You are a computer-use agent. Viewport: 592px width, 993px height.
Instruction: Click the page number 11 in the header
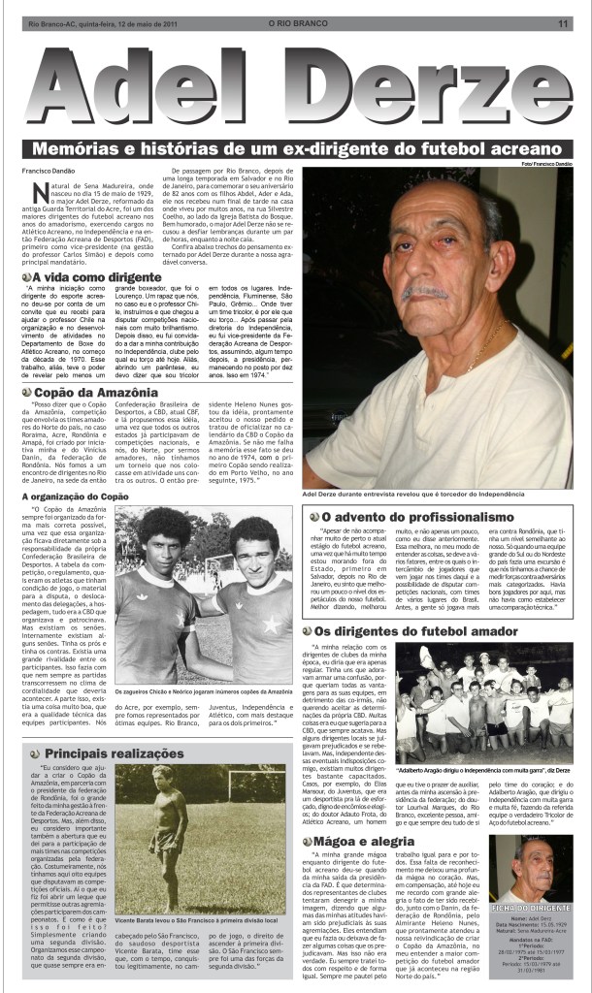point(563,24)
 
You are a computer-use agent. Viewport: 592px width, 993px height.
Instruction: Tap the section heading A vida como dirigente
point(88,277)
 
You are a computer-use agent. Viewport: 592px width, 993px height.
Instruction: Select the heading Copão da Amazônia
point(96,392)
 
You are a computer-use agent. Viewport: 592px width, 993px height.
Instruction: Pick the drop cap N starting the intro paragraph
point(41,191)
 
